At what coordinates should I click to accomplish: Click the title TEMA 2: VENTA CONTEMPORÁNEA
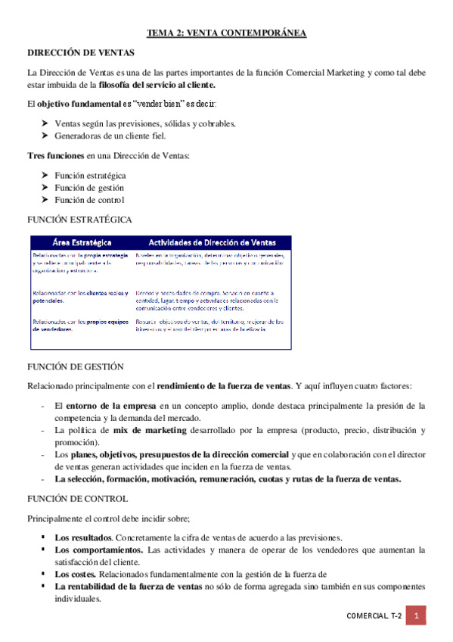226,33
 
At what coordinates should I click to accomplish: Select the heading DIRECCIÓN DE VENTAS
82,53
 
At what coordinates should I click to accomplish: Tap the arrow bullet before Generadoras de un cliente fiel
45,136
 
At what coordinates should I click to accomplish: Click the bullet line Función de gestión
89,187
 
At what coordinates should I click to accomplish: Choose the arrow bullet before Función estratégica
45,175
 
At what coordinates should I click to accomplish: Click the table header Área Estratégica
82,242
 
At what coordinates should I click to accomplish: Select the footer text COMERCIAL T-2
374,617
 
